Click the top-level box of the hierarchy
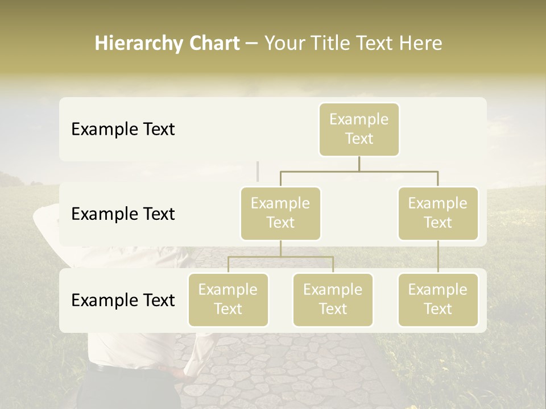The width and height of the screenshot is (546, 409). (x=359, y=130)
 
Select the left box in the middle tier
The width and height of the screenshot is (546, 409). (x=280, y=214)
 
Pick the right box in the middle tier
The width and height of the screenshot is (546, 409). (x=438, y=214)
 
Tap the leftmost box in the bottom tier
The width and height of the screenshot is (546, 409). (x=228, y=300)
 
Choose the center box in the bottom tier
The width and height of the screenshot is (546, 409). (x=333, y=300)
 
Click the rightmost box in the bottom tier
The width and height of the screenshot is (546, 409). (x=438, y=300)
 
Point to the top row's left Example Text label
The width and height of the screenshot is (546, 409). (x=123, y=130)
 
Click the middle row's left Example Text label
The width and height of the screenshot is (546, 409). (x=123, y=214)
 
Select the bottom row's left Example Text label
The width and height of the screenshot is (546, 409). (x=123, y=301)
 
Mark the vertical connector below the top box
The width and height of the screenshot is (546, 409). (x=359, y=164)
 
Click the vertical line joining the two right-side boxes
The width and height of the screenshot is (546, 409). (x=438, y=257)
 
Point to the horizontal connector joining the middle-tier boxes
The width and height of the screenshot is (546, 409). (x=359, y=171)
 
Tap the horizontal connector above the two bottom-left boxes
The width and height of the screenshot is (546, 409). (x=280, y=257)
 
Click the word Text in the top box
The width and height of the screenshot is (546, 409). (x=359, y=139)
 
